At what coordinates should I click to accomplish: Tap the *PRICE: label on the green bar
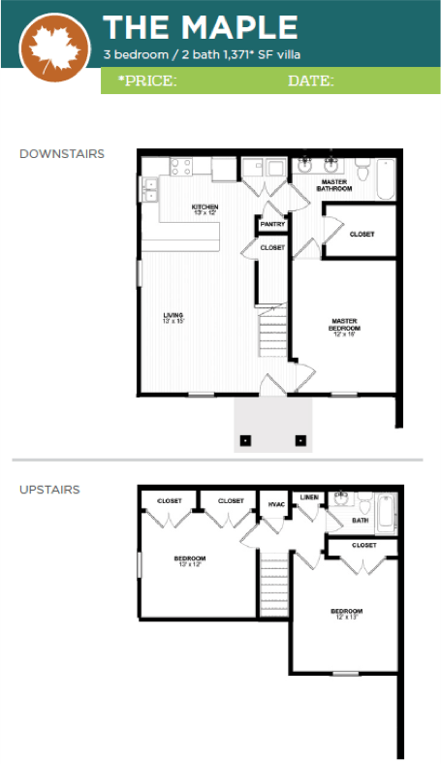click(147, 81)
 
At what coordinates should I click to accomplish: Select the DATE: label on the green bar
click(310, 81)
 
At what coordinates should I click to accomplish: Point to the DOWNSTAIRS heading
click(62, 154)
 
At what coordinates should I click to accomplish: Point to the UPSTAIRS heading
click(49, 490)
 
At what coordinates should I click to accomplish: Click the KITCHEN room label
click(205, 207)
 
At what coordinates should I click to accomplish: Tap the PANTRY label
click(272, 225)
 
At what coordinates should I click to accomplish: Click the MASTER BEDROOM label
click(345, 324)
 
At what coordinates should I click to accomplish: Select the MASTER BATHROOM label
click(335, 184)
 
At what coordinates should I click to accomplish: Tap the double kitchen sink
click(151, 190)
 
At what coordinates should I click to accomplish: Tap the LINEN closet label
click(309, 497)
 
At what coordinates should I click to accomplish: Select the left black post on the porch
click(245, 440)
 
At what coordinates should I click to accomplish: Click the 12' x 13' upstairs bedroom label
click(346, 614)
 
